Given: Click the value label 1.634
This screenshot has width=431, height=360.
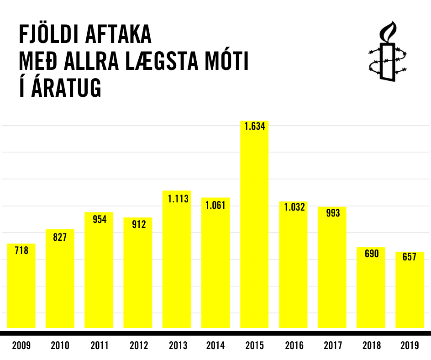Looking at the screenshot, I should (x=254, y=127).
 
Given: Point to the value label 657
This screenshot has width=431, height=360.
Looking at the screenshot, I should (x=410, y=257).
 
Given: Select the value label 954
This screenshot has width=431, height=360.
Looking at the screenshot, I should (x=99, y=219).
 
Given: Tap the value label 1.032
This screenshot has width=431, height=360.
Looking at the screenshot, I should (x=293, y=207).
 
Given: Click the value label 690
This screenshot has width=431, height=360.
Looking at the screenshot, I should (x=371, y=253).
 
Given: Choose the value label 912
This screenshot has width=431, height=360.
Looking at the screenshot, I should (x=138, y=224).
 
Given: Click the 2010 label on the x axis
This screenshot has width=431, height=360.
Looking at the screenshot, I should (x=60, y=345).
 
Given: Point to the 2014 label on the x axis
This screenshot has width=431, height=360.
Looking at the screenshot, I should (x=215, y=345).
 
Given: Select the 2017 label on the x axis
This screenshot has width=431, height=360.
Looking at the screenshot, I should (x=332, y=345).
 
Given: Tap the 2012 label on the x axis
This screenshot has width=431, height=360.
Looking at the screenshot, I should (x=138, y=345).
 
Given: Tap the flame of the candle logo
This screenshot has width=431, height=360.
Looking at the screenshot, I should (x=389, y=31).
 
